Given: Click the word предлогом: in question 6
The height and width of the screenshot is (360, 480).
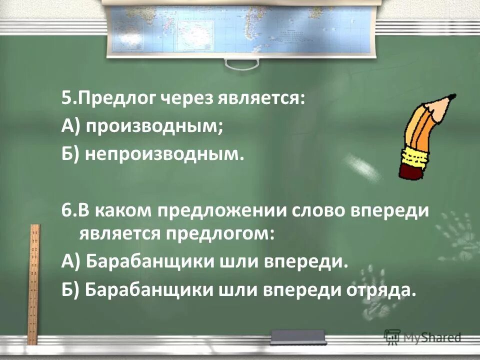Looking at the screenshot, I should [x=217, y=233].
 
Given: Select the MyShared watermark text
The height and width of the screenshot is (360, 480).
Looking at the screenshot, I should [x=430, y=337].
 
